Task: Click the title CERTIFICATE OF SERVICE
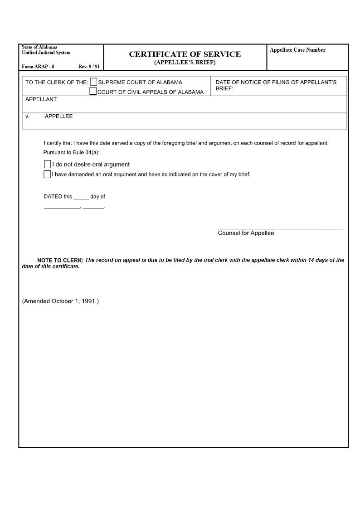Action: (x=185, y=54)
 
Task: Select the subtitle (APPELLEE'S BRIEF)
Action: (x=185, y=63)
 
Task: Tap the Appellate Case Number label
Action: (x=297, y=50)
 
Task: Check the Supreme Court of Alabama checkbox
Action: (x=93, y=82)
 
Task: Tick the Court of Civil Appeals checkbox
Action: (x=93, y=91)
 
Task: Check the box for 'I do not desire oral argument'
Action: (x=47, y=164)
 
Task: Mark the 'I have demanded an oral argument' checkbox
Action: (x=47, y=174)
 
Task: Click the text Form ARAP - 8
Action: (x=38, y=67)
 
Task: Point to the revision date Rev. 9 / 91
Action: (x=89, y=67)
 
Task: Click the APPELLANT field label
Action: (x=41, y=99)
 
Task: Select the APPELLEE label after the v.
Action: (x=58, y=116)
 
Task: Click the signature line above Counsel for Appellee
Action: (x=280, y=229)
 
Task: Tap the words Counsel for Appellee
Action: (x=246, y=233)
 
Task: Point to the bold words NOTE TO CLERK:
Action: (x=60, y=260)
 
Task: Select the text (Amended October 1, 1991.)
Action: (x=60, y=301)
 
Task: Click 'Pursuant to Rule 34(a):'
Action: (x=71, y=152)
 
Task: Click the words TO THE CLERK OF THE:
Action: (x=57, y=82)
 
